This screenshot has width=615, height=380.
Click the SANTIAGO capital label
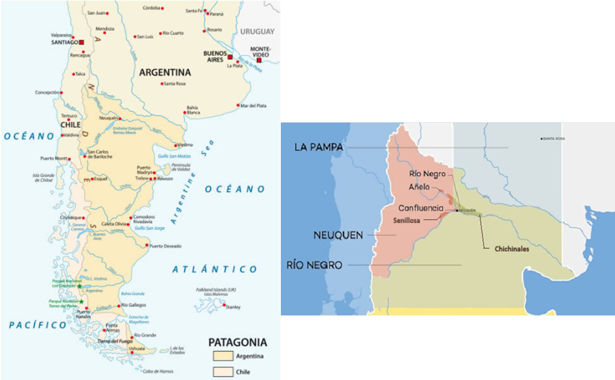pos(65,42)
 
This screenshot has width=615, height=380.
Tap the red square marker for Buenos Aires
pos(230,57)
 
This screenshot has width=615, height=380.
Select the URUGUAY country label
pos(257,31)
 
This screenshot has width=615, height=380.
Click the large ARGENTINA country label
pos(165,72)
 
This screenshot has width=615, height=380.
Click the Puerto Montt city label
pos(55,158)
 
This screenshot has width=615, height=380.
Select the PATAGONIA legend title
pos(238,342)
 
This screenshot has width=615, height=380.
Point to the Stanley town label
pos(233,307)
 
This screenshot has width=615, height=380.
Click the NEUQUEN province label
pos(338,235)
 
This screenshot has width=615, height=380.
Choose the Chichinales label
pos(512,249)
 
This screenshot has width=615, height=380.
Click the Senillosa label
pos(407,220)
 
